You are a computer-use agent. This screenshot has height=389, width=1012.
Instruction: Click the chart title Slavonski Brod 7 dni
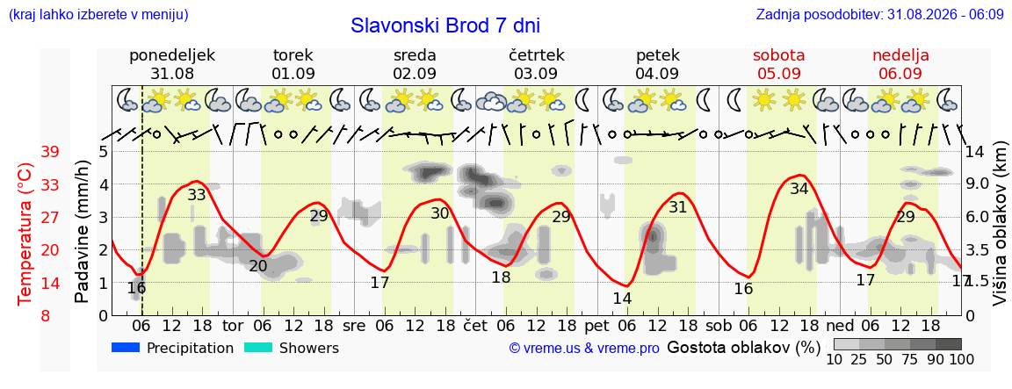[x=445, y=25]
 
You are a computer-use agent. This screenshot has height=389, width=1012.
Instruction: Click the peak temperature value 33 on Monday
[x=196, y=194]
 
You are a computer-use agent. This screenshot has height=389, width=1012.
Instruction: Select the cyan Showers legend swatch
[x=258, y=348]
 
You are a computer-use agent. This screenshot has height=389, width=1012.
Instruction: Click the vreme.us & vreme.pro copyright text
[x=584, y=349]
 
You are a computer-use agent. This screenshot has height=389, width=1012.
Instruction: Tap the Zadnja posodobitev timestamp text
[x=879, y=14]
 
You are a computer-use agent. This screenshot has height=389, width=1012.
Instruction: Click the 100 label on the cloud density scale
[x=961, y=358]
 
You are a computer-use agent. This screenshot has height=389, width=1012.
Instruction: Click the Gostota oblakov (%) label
[x=743, y=349]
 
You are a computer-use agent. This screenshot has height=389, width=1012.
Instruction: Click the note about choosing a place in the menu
[x=98, y=14]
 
